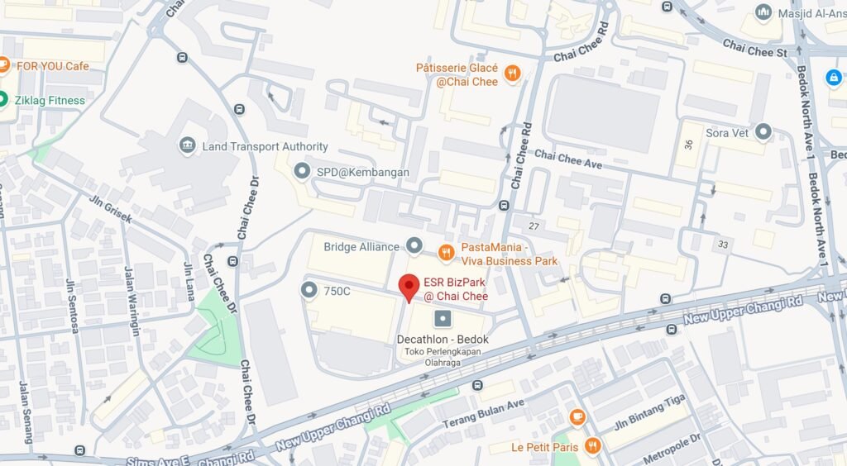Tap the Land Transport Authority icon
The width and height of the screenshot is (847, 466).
click(x=188, y=146)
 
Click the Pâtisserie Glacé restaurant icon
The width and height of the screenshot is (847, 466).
click(x=513, y=74)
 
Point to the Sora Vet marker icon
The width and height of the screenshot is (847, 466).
click(x=763, y=131)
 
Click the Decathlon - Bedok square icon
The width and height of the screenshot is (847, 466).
click(x=443, y=318)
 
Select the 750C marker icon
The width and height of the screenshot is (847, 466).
click(x=309, y=290)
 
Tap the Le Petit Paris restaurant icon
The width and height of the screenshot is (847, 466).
click(x=591, y=447)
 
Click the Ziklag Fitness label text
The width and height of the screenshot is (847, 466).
click(x=50, y=101)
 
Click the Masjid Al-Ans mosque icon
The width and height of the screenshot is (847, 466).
click(x=763, y=12)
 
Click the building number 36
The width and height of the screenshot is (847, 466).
click(x=688, y=144)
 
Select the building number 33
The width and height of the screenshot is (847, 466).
click(x=724, y=245)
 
